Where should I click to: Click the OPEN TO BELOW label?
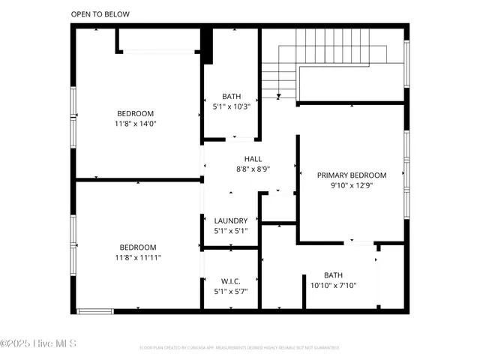(x=100, y=14)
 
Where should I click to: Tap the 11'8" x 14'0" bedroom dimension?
(x=136, y=123)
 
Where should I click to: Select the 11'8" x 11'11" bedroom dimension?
(x=138, y=257)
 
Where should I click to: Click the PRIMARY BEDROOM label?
(x=351, y=174)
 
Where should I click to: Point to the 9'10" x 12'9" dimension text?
(x=351, y=184)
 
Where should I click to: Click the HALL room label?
(x=253, y=159)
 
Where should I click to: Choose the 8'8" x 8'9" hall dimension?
(x=253, y=169)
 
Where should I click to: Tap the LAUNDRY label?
(x=230, y=220)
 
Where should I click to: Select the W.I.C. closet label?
(x=230, y=282)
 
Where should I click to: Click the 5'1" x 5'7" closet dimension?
(x=230, y=292)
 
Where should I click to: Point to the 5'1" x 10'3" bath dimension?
(x=231, y=106)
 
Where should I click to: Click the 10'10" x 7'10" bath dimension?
(x=333, y=285)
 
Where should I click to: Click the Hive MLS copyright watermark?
(x=38, y=344)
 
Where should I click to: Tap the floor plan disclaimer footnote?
(x=239, y=348)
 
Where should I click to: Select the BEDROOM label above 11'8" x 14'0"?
(x=136, y=113)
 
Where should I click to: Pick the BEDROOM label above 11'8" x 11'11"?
(x=138, y=247)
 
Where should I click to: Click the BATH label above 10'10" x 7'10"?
(x=333, y=275)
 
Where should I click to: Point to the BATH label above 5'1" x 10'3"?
(x=231, y=97)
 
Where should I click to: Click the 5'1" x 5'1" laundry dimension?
(x=230, y=230)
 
